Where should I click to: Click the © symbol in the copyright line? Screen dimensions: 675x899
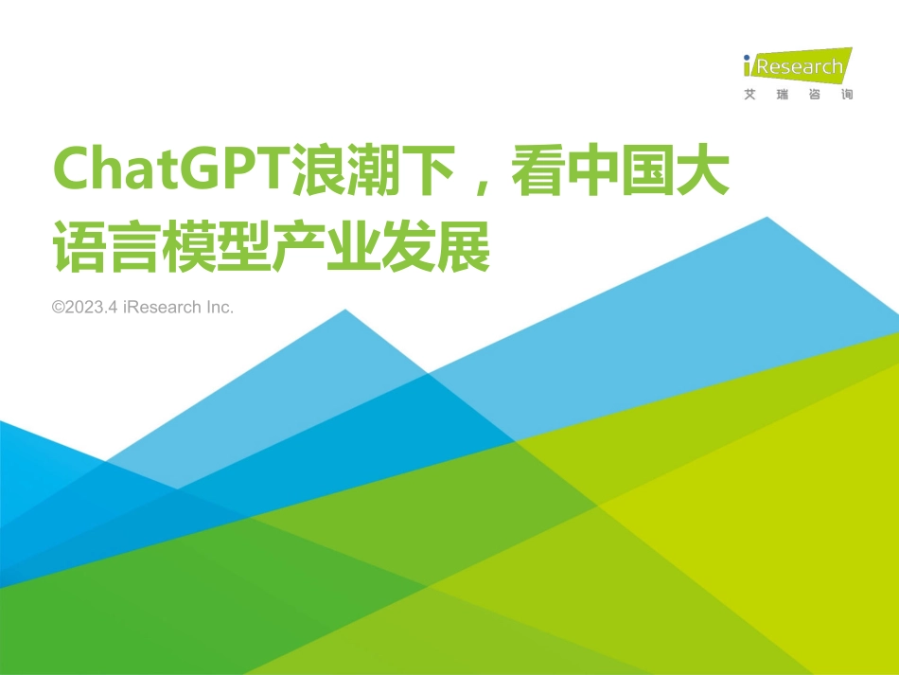point(58,308)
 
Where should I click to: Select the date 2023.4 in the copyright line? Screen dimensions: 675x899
point(91,308)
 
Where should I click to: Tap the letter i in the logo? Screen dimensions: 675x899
point(749,66)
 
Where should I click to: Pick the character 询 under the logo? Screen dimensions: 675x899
point(846,95)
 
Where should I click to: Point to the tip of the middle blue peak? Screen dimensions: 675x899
point(345,310)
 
